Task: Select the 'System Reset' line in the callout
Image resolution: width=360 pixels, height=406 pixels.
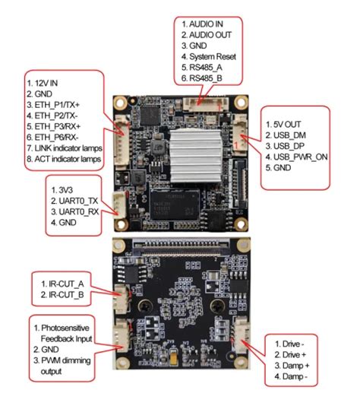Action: tap(212, 56)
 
